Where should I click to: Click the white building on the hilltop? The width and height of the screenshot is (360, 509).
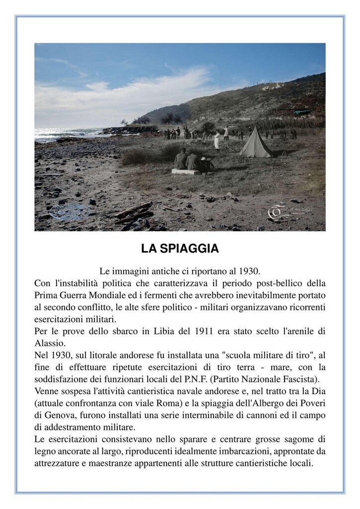click(x=273, y=87)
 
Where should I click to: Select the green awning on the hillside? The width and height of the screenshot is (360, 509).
click(x=302, y=113)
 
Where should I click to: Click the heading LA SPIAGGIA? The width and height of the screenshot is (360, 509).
click(x=180, y=249)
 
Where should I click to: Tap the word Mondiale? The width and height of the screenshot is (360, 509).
click(x=100, y=296)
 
